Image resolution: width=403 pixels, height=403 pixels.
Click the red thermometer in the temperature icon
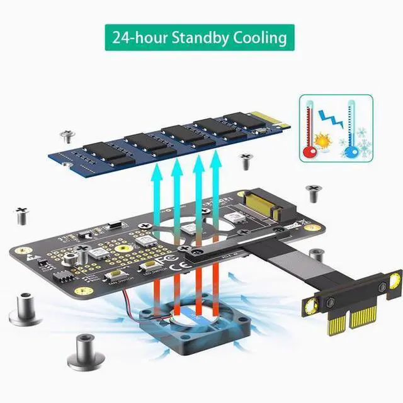pyautogui.click(x=310, y=126)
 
